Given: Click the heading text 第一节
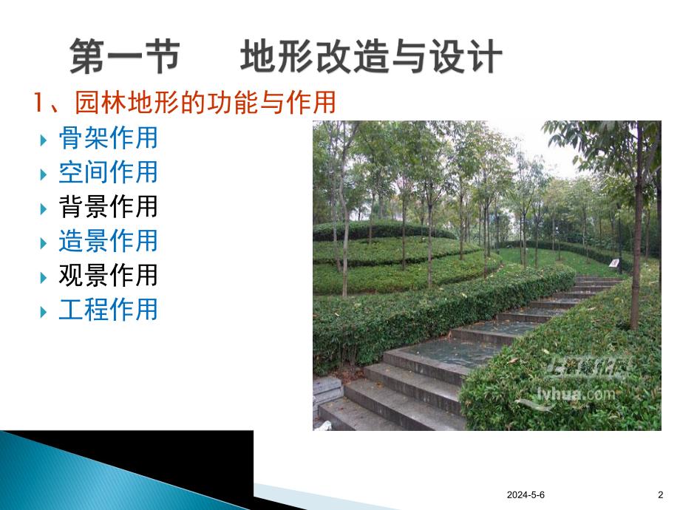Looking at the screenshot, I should coord(124,58).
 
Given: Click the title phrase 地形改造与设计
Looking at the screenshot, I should coord(371,58).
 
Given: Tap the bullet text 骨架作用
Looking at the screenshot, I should coord(108,138).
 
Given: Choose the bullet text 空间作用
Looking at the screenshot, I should coord(108,172).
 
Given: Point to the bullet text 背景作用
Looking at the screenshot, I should coord(108,206).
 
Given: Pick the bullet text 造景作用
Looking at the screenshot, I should coord(108,240).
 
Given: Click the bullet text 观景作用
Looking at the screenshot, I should coord(108,275).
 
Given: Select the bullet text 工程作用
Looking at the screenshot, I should coord(108,309).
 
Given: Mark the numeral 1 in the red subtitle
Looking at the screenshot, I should coord(41,103).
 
